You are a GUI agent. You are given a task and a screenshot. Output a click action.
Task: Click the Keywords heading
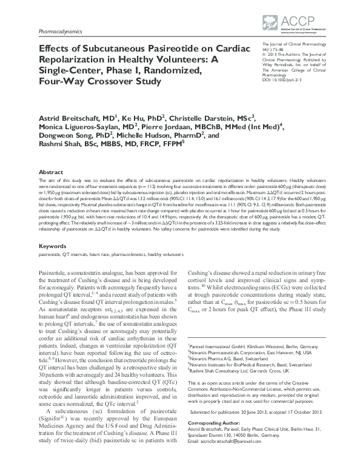52,246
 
